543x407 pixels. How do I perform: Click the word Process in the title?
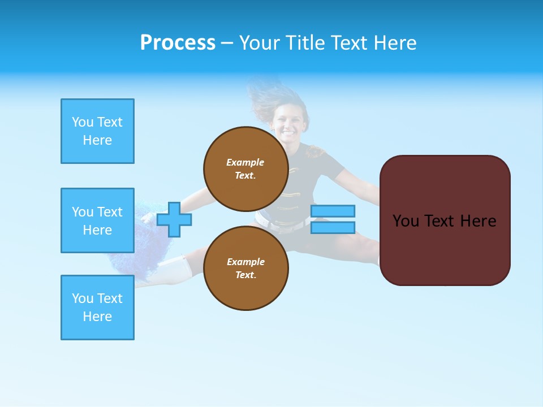tap(178, 43)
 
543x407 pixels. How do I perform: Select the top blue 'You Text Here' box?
tap(97, 131)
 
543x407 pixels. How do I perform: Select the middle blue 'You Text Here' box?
tap(97, 220)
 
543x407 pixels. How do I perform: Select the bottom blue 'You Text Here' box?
tap(97, 308)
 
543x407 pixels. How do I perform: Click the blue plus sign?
tap(174, 219)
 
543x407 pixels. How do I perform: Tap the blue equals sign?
tap(333, 219)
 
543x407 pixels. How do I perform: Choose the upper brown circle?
tap(245, 169)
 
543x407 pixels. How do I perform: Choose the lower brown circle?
tap(245, 269)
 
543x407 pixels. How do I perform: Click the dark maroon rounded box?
tap(445, 220)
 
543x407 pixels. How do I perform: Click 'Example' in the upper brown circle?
tap(245, 162)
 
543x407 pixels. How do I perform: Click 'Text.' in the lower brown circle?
tap(245, 275)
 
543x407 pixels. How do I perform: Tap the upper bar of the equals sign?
tap(333, 211)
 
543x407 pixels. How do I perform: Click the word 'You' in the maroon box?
tap(405, 221)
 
